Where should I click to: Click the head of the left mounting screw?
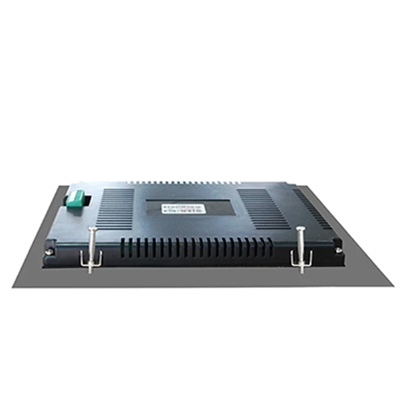tap(91, 228)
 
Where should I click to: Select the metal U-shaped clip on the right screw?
tap(302, 258)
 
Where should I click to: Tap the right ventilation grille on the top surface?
tap(263, 208)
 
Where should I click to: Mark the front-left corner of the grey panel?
tap(13, 288)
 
